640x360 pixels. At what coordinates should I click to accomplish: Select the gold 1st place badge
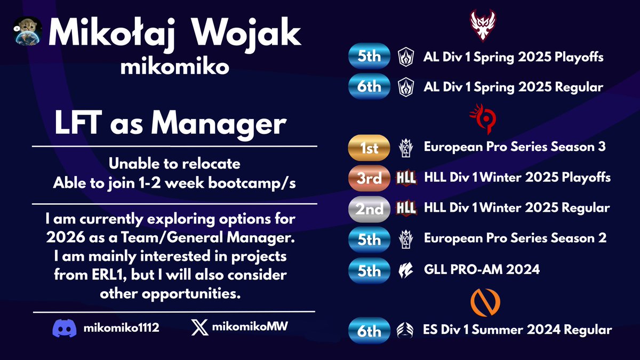point(369,148)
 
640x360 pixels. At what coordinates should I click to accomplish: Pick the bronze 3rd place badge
point(369,178)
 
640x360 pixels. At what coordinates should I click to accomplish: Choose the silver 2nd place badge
point(369,209)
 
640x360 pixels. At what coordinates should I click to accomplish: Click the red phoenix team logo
point(484,25)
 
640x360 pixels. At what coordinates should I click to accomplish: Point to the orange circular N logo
point(485,302)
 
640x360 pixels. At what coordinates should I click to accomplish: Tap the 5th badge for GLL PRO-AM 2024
point(369,270)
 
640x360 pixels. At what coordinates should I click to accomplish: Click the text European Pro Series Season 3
point(514,147)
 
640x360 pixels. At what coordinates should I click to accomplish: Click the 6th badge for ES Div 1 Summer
point(369,331)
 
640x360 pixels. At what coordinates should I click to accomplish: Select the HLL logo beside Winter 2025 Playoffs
point(406,178)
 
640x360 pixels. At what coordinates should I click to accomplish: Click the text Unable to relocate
point(175,163)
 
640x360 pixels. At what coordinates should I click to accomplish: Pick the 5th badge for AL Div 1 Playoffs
point(369,56)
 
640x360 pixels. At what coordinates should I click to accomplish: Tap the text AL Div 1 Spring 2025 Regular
point(514,86)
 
